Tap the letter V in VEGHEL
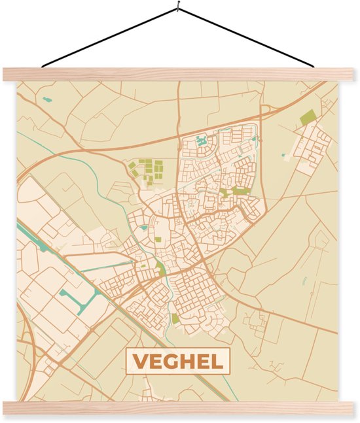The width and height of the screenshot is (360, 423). tap(140, 361)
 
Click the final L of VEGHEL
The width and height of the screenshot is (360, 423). tap(219, 361)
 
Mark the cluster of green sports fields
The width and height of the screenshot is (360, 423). tap(147, 171)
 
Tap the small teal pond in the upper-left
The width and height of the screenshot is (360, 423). tap(46, 100)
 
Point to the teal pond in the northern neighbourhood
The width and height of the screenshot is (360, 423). tap(202, 139)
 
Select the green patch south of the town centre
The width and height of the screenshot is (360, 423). tap(175, 318)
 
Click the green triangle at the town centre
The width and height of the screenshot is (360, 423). tap(160, 267)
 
